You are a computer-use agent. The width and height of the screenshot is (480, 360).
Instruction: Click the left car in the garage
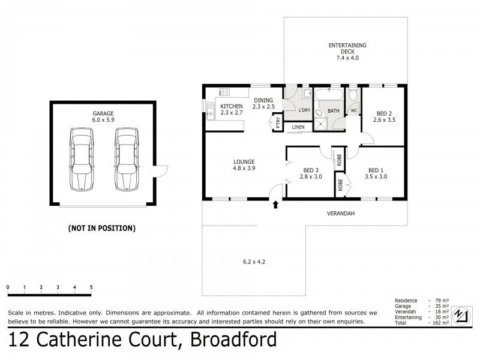click(81, 159)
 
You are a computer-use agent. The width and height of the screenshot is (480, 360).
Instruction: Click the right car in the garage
click(126, 159)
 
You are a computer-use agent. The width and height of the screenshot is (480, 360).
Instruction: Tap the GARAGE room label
click(103, 113)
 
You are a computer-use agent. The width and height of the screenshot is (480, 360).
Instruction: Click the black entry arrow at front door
click(275, 205)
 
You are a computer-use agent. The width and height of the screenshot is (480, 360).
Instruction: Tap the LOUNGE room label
click(244, 161)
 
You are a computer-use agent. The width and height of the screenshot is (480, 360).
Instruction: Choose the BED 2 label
click(385, 113)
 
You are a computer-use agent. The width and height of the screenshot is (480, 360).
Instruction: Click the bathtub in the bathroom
click(328, 95)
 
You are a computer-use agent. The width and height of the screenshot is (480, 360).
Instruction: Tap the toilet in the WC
click(353, 96)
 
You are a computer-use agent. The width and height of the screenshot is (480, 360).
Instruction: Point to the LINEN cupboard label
click(298, 127)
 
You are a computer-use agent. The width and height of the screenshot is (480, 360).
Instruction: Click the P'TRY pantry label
click(278, 123)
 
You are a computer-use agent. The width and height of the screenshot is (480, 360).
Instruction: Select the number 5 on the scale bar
click(91, 287)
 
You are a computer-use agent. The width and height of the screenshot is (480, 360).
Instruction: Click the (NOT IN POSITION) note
click(103, 228)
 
